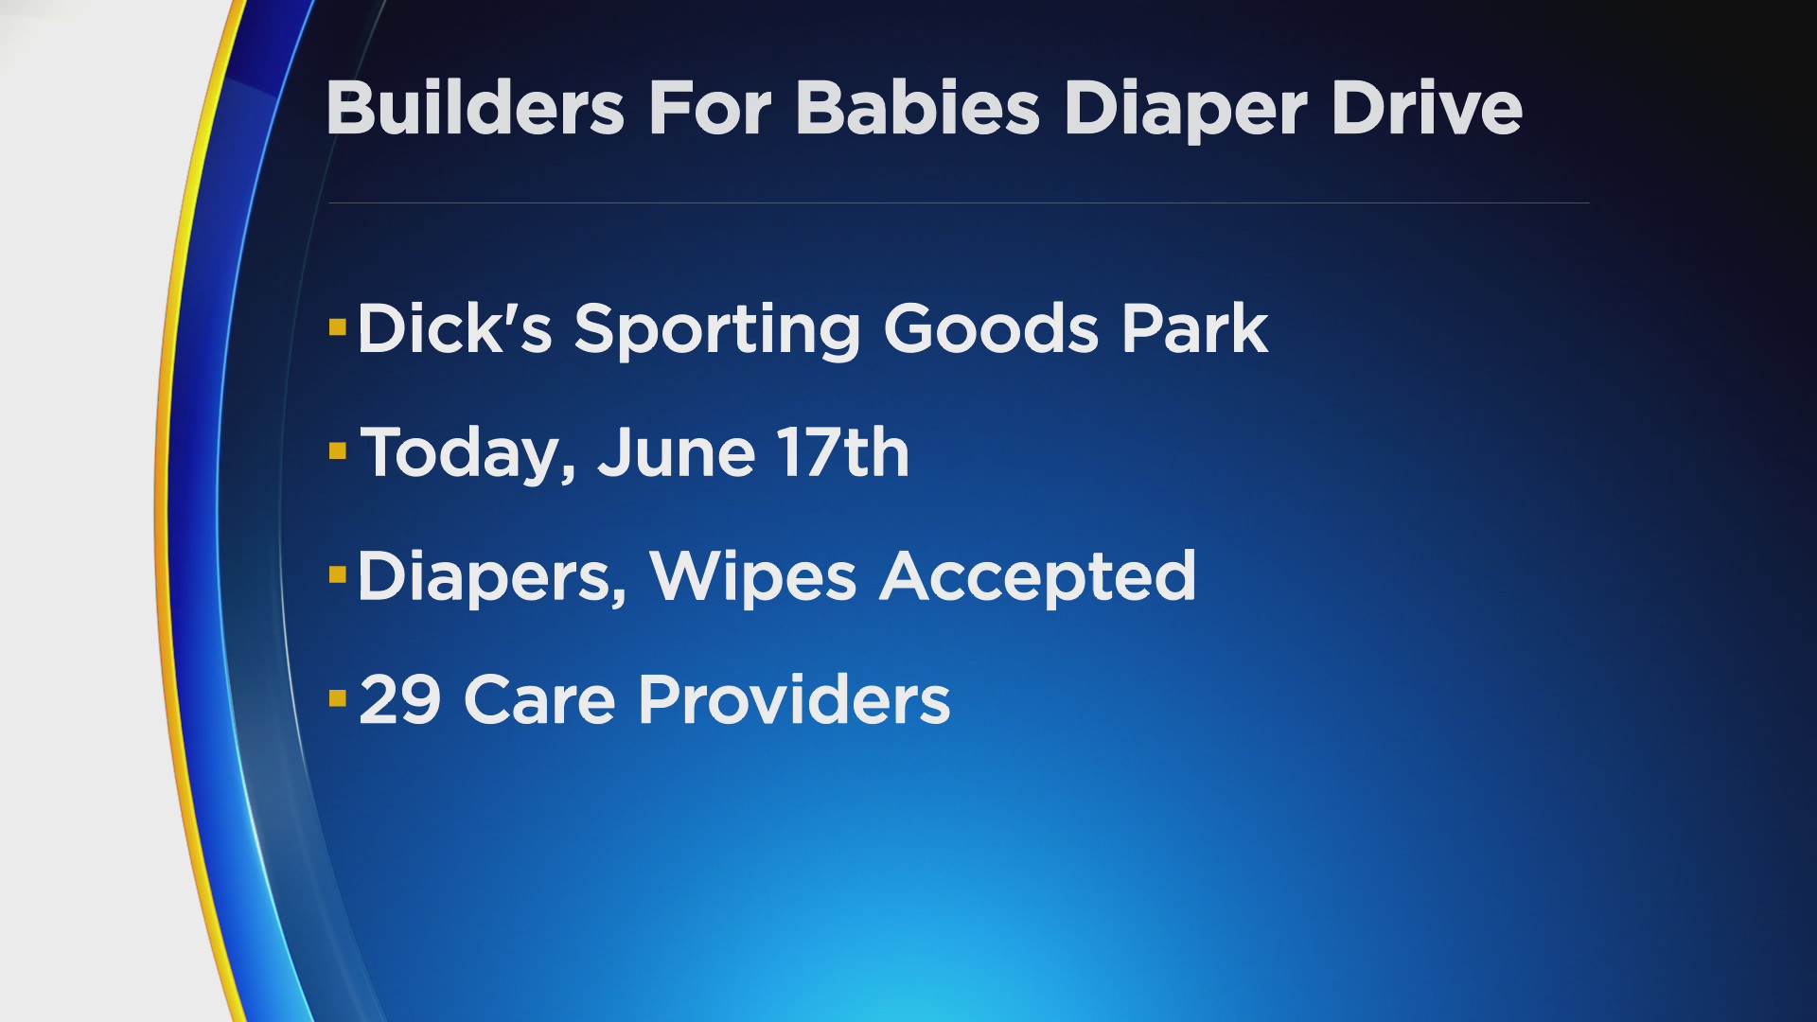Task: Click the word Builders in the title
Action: (475, 107)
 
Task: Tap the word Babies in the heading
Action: (917, 107)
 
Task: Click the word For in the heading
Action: (710, 107)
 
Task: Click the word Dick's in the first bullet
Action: (454, 327)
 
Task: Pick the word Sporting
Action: (717, 331)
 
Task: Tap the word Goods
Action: (991, 327)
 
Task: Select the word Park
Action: (1195, 327)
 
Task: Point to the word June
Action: (677, 451)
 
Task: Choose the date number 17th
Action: (843, 451)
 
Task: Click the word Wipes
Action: (752, 578)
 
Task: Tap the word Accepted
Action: (1038, 578)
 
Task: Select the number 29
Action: (400, 699)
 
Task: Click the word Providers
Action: (794, 699)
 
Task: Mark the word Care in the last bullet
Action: (539, 699)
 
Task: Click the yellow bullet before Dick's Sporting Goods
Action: (338, 327)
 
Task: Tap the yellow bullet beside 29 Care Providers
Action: (338, 698)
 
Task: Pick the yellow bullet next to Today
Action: (338, 450)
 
